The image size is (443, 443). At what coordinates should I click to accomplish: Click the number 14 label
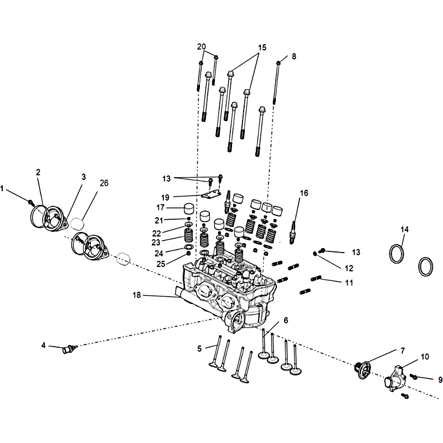pos(405,229)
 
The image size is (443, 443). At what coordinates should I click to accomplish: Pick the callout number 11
pos(349,282)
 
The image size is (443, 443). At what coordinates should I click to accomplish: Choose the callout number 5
pos(199,348)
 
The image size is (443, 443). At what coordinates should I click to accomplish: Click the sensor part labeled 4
pos(69,349)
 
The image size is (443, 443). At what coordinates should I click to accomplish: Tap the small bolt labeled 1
pos(32,202)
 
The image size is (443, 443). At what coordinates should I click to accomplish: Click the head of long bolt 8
pos(279,63)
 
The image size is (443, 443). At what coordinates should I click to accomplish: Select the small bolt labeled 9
pos(414,378)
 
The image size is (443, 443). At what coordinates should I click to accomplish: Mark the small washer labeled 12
pos(315,254)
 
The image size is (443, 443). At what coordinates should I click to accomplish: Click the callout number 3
pos(84,177)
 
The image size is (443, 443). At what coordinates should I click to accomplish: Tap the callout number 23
pos(157,242)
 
